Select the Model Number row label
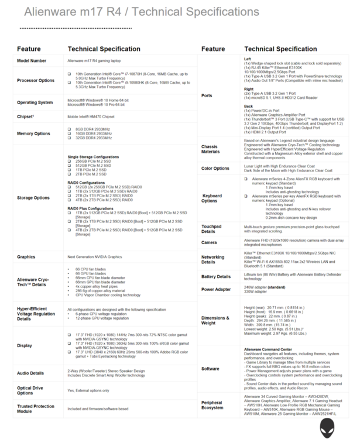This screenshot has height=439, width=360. tap(32, 61)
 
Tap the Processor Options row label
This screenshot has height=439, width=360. tap(36, 80)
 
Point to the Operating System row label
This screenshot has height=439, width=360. tap(35, 102)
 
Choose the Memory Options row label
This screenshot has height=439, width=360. tap(34, 133)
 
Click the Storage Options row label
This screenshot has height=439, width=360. tap(34, 198)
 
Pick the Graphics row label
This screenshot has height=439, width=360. tap(26, 257)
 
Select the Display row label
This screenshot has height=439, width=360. tap(25, 345)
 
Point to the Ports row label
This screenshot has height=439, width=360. tap(207, 95)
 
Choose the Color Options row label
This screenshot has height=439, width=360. tap(215, 169)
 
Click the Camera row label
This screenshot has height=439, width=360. tap(209, 242)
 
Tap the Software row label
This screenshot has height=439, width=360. tap(211, 369)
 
